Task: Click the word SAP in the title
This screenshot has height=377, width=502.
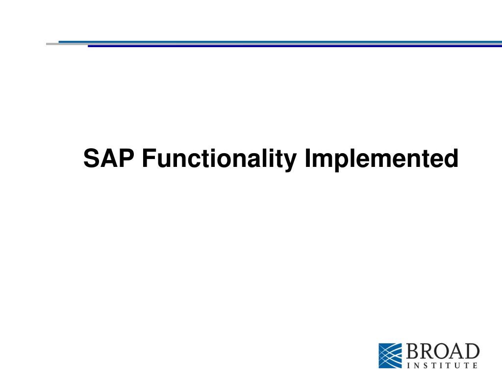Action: (108, 158)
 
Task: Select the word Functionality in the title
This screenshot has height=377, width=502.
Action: (219, 160)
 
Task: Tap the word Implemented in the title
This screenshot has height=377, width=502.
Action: (381, 160)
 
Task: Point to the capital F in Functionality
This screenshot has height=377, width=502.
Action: (149, 158)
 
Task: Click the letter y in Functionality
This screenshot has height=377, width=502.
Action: (289, 162)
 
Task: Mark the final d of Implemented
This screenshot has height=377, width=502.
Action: (451, 158)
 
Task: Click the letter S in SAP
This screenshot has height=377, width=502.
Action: (91, 158)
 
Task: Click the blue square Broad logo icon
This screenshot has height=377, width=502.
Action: (390, 355)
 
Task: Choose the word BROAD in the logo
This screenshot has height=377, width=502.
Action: (443, 351)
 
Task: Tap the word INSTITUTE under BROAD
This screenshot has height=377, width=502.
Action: (442, 365)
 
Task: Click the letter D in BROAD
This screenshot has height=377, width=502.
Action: (472, 351)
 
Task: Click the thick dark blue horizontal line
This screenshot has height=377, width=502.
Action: (295, 46)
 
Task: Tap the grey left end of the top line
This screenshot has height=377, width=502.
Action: (52, 44)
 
